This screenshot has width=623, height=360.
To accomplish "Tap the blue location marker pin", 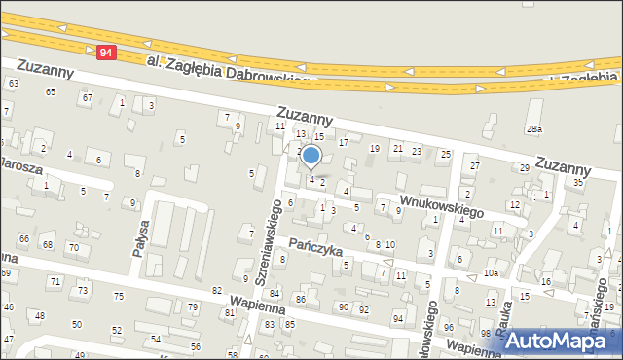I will [x=311, y=157].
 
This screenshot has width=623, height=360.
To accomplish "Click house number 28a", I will [x=533, y=129].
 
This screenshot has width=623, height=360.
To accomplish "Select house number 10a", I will [x=492, y=273].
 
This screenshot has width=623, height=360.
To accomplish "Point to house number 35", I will [x=578, y=182].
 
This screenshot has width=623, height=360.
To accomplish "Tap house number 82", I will [x=216, y=291].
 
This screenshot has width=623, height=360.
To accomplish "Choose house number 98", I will [x=486, y=334].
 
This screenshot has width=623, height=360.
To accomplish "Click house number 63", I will [x=13, y=84].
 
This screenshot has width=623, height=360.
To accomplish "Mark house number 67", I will [x=87, y=97].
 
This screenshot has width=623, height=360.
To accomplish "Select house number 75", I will [x=118, y=296].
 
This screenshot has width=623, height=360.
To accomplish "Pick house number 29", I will [x=524, y=168].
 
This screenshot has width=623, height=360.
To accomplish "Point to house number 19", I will [x=375, y=148].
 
